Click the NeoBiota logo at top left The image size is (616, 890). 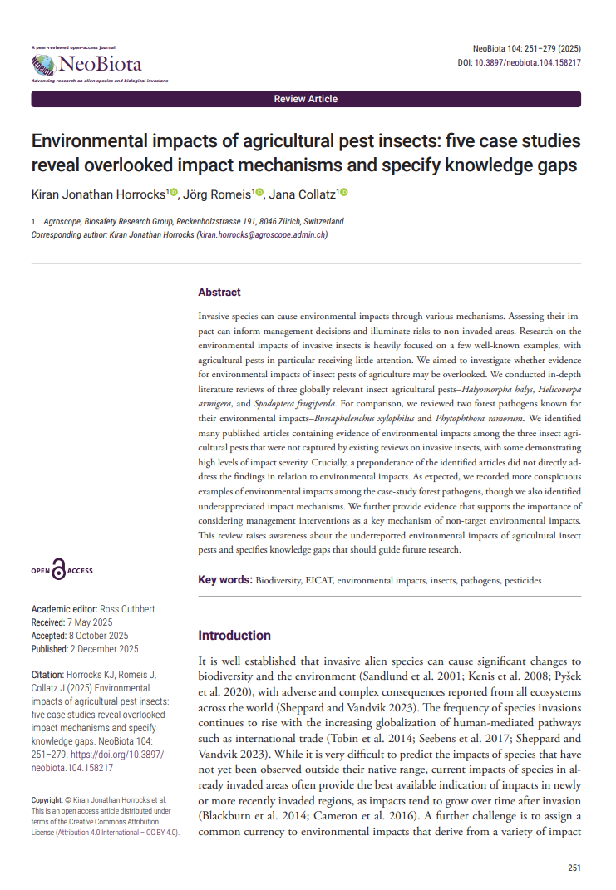86,64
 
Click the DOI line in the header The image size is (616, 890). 519,63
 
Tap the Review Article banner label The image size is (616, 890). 306,99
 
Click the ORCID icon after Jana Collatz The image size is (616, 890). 343,193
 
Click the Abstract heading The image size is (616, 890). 219,293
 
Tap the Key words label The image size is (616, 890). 224,580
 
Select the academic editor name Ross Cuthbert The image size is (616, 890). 127,609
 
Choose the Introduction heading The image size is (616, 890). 234,636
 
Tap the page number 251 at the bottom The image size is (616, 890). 574,868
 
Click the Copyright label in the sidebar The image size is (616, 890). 49,799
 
